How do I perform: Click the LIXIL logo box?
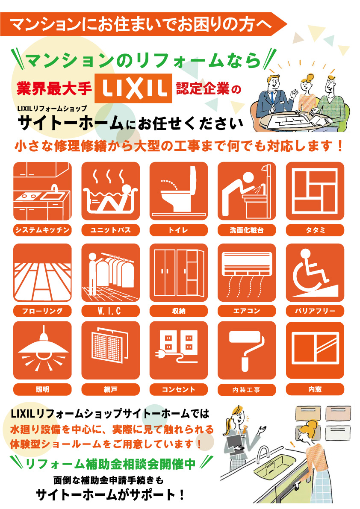(133, 88)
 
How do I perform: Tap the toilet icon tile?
(179, 191)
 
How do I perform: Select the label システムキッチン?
(42, 230)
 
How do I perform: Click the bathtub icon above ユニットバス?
(110, 191)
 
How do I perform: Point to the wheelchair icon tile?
(315, 272)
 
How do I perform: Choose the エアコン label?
(247, 311)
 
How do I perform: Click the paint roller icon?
(247, 350)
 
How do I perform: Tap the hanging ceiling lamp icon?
(42, 350)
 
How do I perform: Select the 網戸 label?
(110, 389)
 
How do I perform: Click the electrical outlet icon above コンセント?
(179, 350)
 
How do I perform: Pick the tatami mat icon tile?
(315, 191)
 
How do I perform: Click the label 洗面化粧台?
(247, 230)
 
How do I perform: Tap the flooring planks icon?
(42, 272)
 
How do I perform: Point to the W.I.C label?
(110, 311)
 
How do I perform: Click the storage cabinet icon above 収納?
(179, 272)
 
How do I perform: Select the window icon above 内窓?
(315, 350)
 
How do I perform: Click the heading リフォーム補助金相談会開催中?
(110, 464)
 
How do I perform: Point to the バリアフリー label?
(315, 311)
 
